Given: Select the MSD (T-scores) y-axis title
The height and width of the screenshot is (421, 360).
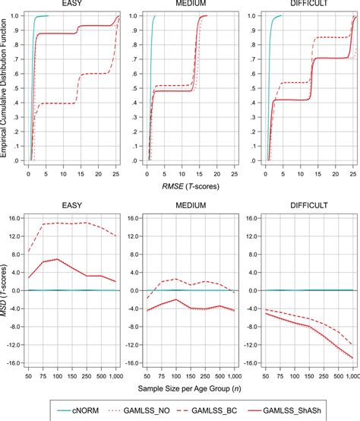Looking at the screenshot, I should tap(7, 290).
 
